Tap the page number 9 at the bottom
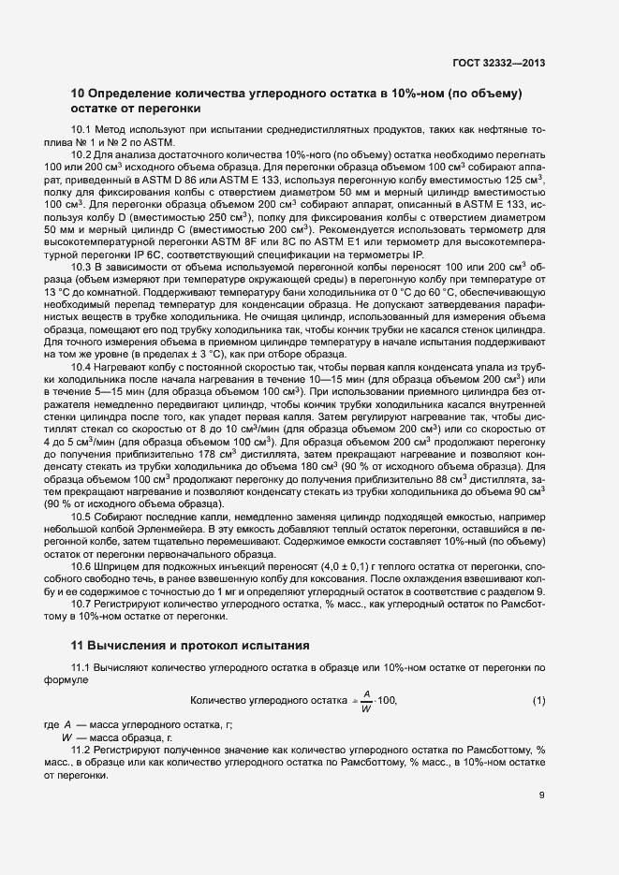point(542,795)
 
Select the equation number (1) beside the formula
point(538,701)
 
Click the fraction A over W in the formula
point(366,701)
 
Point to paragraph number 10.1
point(82,129)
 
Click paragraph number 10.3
point(82,267)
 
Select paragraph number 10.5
point(82,518)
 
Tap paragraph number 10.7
point(82,604)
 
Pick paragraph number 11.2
point(82,751)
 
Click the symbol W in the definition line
point(66,738)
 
